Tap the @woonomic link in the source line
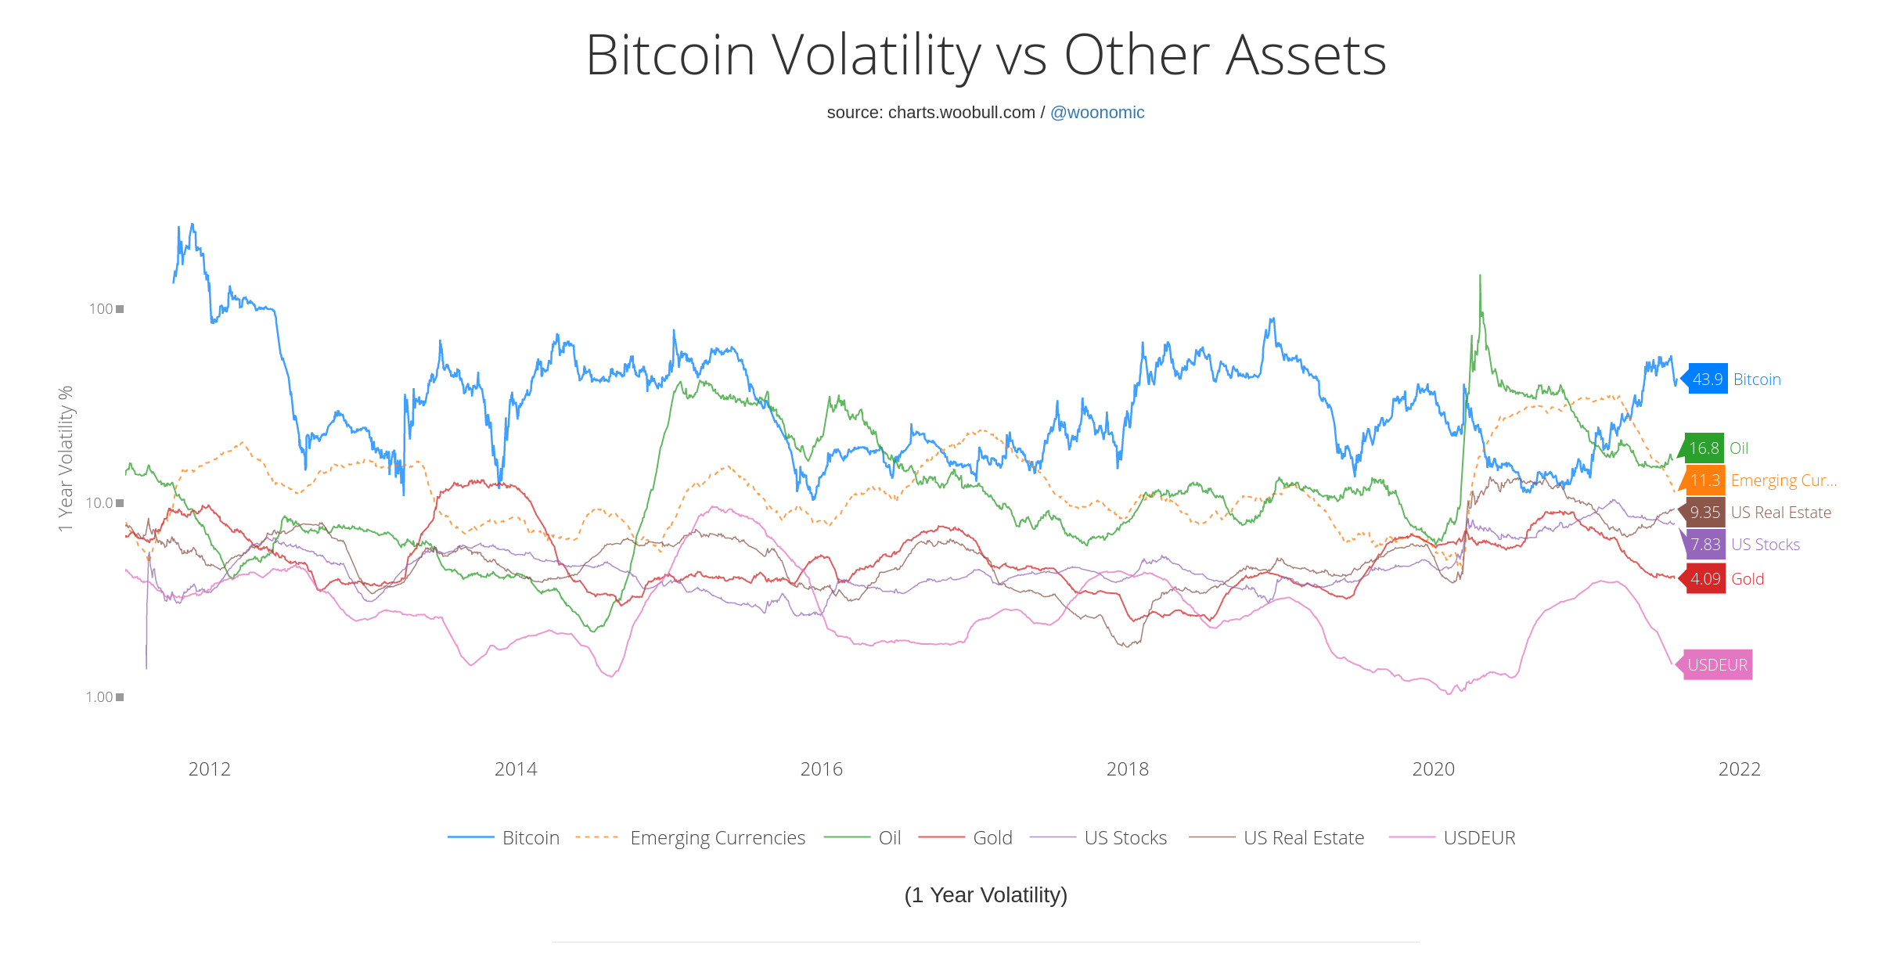[x=1096, y=113]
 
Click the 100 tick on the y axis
[x=101, y=309]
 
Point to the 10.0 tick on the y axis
[x=100, y=503]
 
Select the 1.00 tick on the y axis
[x=99, y=697]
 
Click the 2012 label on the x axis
[x=209, y=769]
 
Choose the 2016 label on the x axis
[x=821, y=769]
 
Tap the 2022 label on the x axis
[x=1739, y=769]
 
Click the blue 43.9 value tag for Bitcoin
[x=1707, y=380]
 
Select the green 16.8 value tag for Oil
[x=1704, y=448]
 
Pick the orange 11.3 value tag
[x=1704, y=480]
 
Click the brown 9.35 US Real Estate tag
[x=1704, y=513]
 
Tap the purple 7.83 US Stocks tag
[x=1705, y=545]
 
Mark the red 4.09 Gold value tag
[x=1705, y=579]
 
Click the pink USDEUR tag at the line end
[x=1717, y=665]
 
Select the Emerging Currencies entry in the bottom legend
[x=717, y=838]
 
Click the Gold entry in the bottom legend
[x=992, y=838]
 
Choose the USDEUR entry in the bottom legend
[x=1478, y=838]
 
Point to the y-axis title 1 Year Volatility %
[x=67, y=459]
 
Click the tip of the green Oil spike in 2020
[x=1479, y=275]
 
